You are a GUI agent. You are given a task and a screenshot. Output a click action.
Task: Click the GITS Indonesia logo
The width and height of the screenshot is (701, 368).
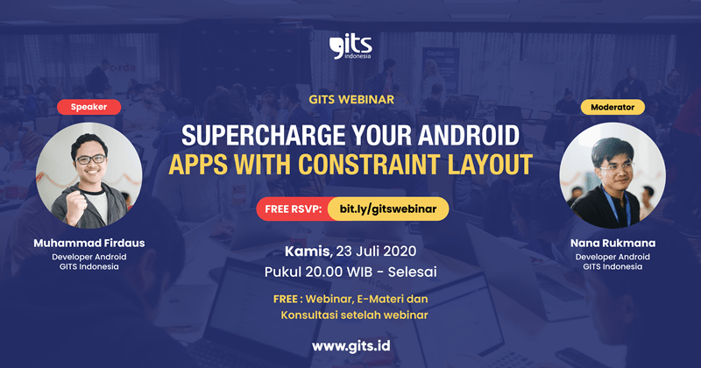click(350, 46)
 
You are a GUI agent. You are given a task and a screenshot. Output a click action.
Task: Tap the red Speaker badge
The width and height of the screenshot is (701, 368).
click(89, 107)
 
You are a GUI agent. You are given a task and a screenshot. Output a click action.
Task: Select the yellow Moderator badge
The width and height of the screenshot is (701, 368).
click(612, 107)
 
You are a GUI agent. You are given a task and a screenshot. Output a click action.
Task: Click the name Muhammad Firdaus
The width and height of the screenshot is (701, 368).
click(88, 242)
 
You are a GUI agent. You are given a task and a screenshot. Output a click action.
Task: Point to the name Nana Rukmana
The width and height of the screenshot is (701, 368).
click(612, 242)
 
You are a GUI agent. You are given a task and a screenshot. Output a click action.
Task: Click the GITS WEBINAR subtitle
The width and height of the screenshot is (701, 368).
click(350, 101)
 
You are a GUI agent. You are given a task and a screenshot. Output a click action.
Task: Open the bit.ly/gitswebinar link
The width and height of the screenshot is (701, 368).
click(387, 209)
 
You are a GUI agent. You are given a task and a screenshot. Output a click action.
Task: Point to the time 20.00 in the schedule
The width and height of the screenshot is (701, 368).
click(329, 272)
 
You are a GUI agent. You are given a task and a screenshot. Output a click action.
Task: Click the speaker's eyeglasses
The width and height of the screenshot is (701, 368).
click(89, 159)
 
